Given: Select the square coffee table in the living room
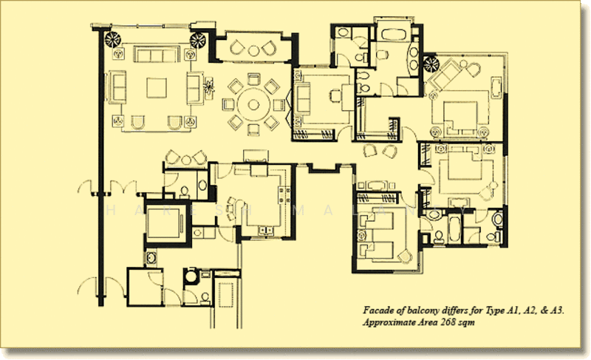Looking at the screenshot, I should pos(157,88).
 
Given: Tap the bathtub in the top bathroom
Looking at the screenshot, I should pos(391,34).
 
